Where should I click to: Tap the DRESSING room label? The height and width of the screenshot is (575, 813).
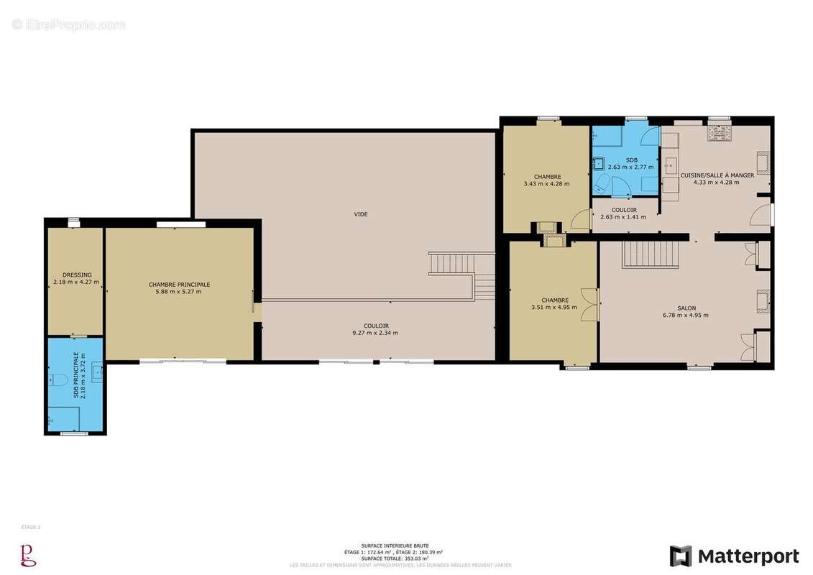tap(76, 275)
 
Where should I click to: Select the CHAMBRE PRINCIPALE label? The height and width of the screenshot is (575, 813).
tap(179, 285)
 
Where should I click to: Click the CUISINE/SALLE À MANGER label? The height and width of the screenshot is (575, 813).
tap(717, 175)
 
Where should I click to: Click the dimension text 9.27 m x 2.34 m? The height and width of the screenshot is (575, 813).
tap(375, 333)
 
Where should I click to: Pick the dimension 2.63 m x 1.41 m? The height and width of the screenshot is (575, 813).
tap(623, 217)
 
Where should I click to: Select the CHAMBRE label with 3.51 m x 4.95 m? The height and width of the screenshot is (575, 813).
tap(555, 300)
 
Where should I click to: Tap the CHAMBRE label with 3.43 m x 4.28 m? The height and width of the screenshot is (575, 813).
tap(547, 177)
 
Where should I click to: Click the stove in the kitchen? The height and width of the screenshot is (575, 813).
tap(719, 132)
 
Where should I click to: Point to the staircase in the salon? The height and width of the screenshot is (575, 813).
tap(650, 254)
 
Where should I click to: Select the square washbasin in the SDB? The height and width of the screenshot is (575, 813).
tap(598, 164)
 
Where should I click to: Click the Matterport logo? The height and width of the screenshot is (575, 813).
tap(734, 556)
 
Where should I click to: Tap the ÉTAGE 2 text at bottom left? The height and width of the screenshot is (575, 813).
tap(31, 527)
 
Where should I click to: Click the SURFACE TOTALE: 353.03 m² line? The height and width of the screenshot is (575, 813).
tap(395, 558)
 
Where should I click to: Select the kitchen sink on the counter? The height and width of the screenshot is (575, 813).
tap(671, 162)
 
